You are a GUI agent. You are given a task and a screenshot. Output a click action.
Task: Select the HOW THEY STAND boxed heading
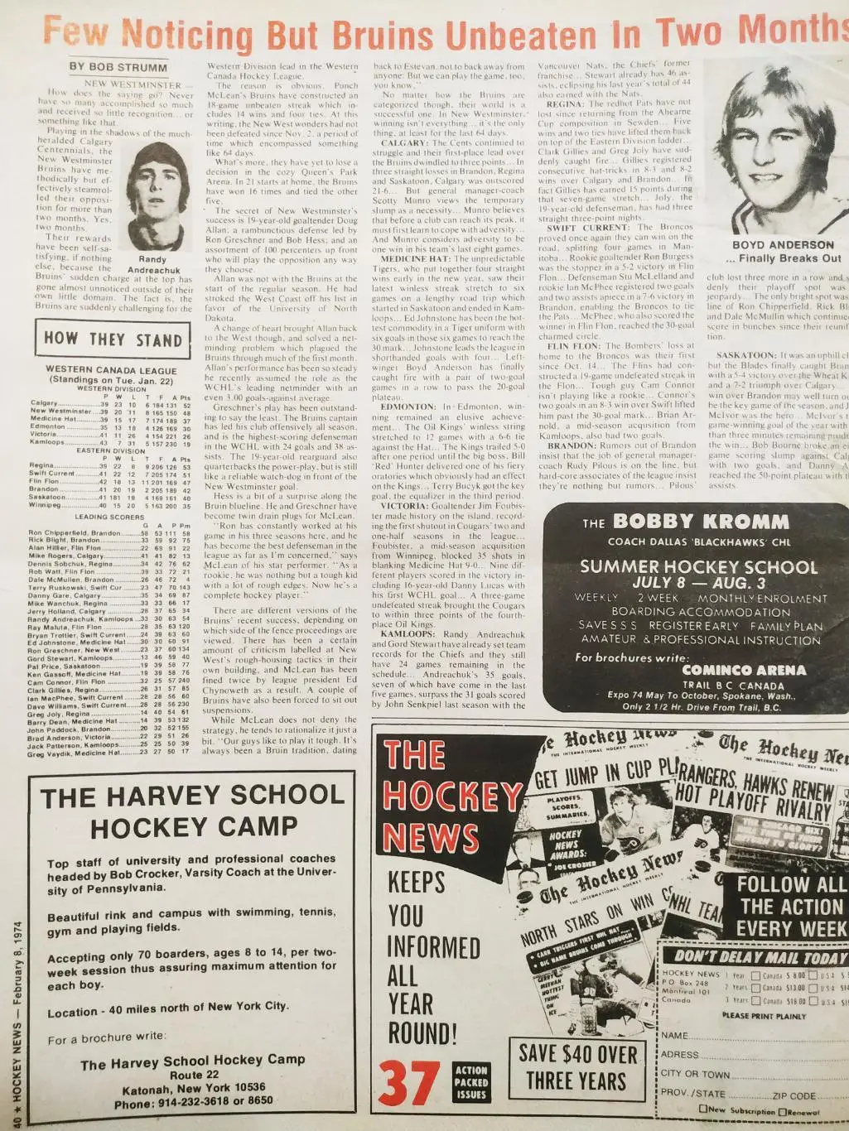[x=113, y=339]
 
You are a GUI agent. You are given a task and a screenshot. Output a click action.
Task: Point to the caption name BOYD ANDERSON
[x=783, y=245]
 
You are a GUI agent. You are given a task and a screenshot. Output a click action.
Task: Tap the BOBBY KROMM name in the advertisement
[x=699, y=522]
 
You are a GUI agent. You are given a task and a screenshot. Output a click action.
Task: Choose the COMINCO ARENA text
[x=731, y=670]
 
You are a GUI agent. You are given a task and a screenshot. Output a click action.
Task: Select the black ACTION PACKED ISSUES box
[x=471, y=1081]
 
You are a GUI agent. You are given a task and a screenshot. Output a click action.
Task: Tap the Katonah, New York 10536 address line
[x=193, y=1087]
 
